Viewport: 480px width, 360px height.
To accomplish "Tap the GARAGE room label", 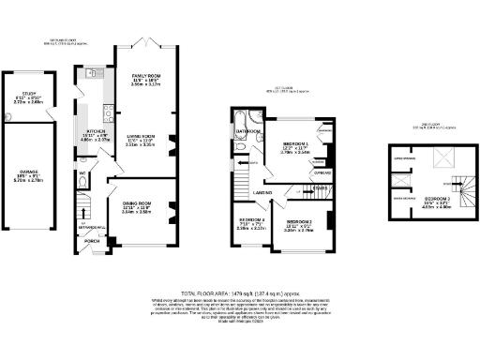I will [31, 172].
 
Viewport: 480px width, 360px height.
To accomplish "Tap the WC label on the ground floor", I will [82, 173].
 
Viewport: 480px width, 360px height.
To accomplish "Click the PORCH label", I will [93, 240].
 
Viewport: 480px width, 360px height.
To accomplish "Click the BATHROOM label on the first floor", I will [247, 131].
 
